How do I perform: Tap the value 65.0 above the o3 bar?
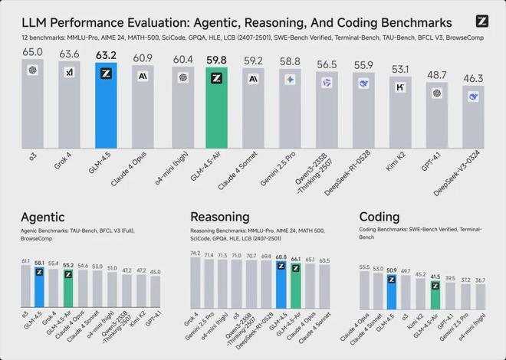point(32,51)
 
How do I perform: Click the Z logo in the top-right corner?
point(481,22)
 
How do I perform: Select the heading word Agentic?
point(43,217)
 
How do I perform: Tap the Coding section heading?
point(380,217)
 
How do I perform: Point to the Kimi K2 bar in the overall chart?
point(399,115)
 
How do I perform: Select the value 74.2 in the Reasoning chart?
point(195,253)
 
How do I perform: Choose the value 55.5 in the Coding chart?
point(363,267)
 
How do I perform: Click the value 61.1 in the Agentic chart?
point(25,261)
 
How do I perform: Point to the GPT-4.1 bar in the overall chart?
point(436,119)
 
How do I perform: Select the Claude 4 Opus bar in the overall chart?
point(143,107)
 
